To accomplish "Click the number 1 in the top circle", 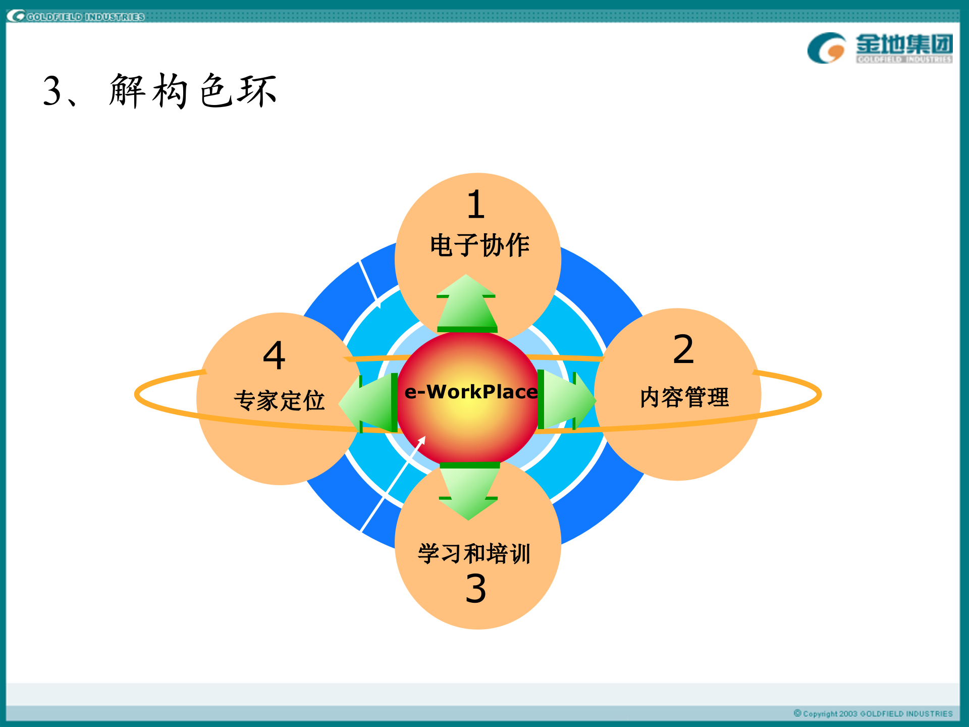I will (x=476, y=204).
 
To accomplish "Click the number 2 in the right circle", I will (x=683, y=349).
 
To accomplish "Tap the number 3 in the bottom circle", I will (x=475, y=589).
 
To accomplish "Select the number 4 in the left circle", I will (x=274, y=355).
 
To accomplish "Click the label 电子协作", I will (x=479, y=245).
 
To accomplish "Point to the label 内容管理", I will (x=684, y=397).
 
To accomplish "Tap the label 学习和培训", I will (x=474, y=553).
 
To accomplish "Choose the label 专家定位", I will (x=279, y=401).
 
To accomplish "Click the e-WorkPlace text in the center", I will (x=471, y=392).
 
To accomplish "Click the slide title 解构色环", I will (x=193, y=91).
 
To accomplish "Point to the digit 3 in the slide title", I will (x=52, y=91).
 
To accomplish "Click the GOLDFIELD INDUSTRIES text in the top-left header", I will (x=85, y=17).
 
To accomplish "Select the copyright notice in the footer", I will (x=873, y=713).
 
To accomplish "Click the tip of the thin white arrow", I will (x=425, y=437).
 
